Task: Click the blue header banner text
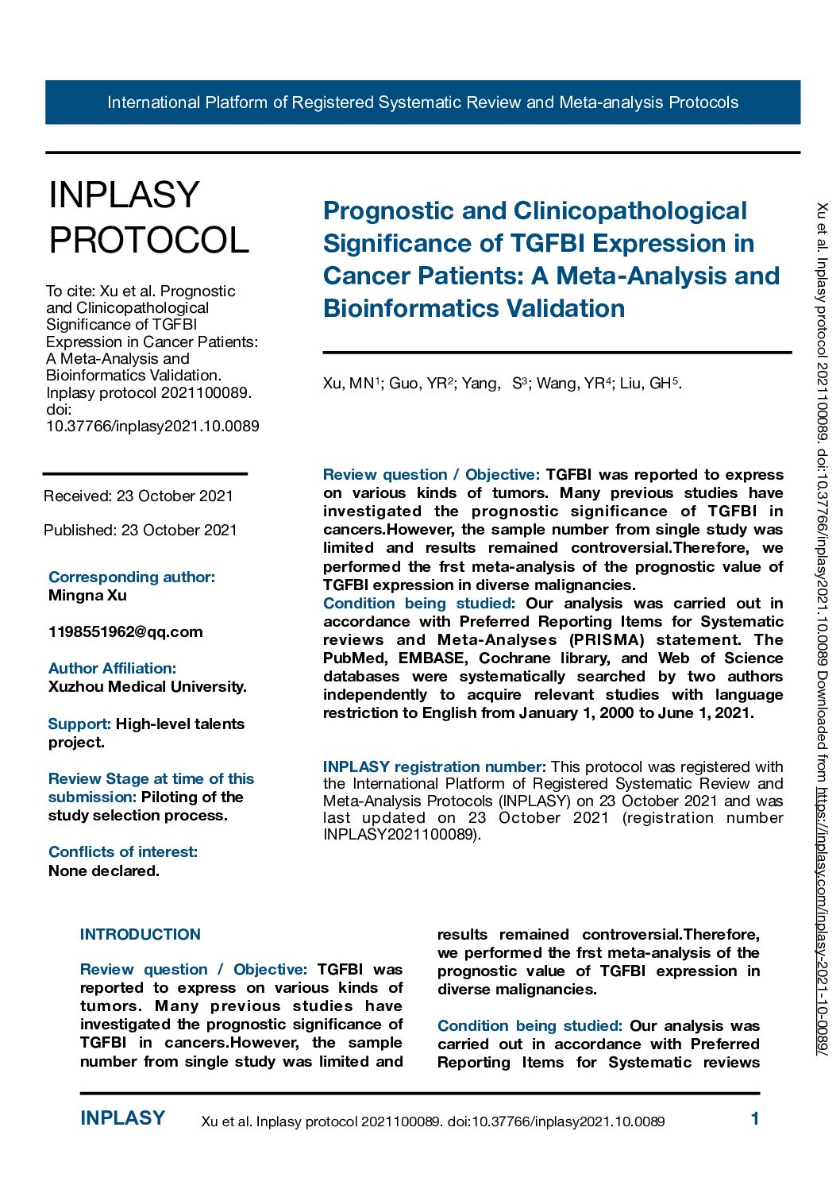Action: coord(422,102)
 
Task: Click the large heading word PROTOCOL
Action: coord(149,240)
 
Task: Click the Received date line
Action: coord(138,496)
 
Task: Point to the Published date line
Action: coord(141,531)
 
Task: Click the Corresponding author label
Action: coord(132,577)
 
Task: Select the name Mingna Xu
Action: coord(87,596)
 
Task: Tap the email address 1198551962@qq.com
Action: coord(125,632)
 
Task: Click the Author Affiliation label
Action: coord(112,669)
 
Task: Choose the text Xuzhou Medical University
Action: coord(148,687)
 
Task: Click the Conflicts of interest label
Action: coord(123,852)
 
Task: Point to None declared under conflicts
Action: coord(104,871)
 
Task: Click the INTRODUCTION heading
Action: coord(141,935)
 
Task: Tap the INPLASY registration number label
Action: coord(434,767)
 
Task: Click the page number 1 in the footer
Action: coord(755,1119)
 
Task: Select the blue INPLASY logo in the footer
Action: coord(123,1118)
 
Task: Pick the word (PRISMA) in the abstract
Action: coord(607,640)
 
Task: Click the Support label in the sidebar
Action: coord(79,724)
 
